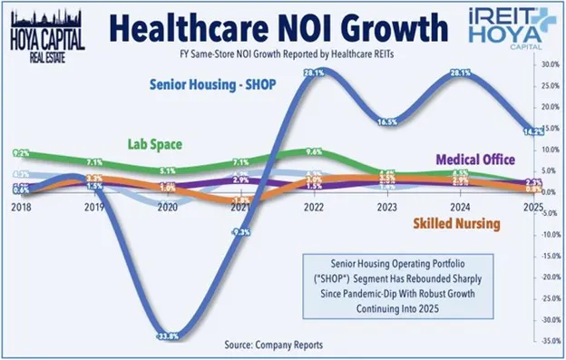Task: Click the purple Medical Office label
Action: click(482, 160)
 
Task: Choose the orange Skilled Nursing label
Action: click(458, 221)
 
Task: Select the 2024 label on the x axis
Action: click(462, 207)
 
